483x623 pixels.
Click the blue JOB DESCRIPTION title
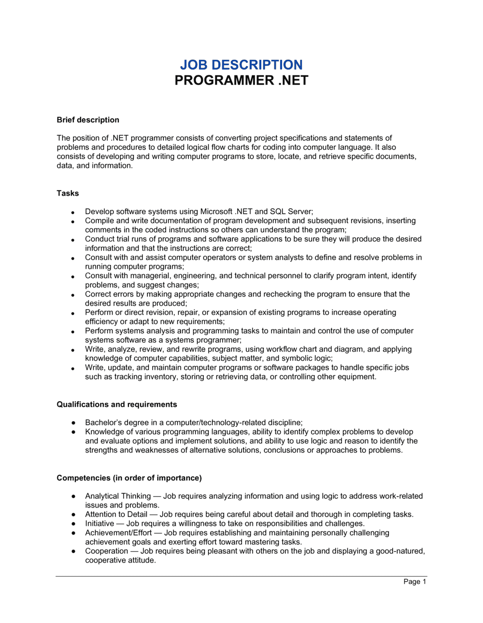[x=241, y=65]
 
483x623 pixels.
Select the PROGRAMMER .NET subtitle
[x=241, y=80]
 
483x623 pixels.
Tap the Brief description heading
[x=87, y=120]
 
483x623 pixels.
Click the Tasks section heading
[x=68, y=193]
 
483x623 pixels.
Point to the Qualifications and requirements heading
[x=116, y=404]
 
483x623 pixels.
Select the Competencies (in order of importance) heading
[x=129, y=478]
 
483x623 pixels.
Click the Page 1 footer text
[x=414, y=581]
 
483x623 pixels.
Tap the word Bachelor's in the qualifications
[x=103, y=423]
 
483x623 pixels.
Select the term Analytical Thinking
[x=118, y=496]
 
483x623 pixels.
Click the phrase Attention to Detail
[x=116, y=514]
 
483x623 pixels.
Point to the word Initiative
[x=99, y=524]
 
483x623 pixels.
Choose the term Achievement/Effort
[x=118, y=533]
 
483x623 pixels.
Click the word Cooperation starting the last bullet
[x=106, y=551]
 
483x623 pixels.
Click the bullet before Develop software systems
[x=72, y=212]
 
